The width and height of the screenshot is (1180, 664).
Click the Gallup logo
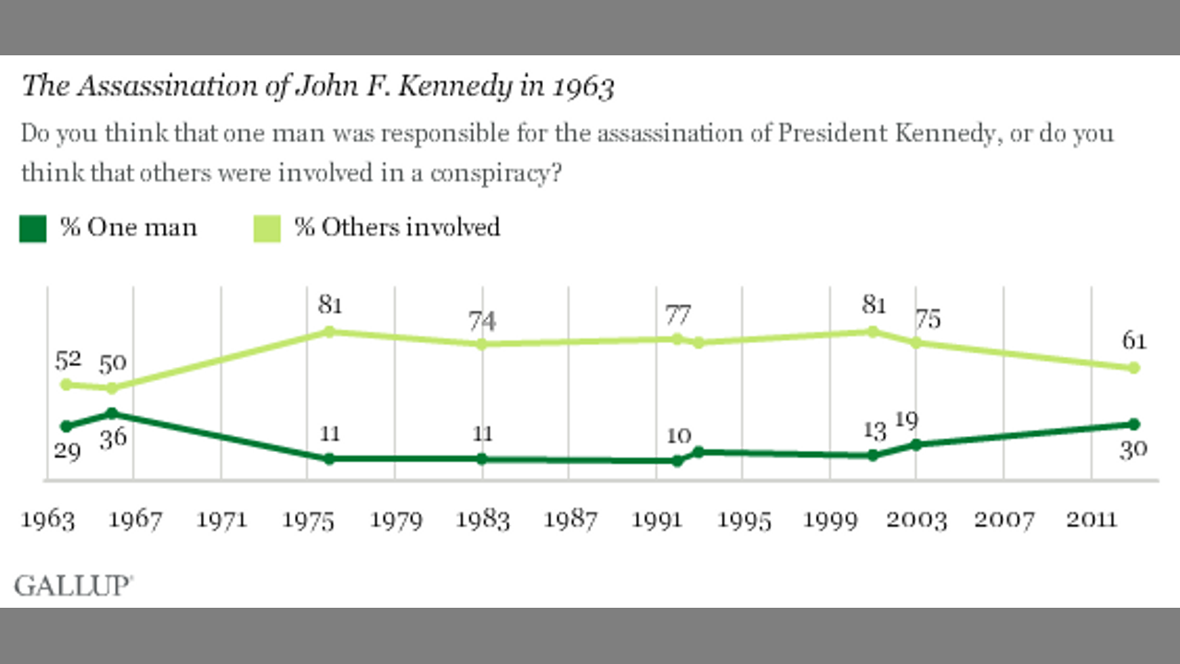(x=74, y=586)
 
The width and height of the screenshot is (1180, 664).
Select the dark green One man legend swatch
(x=32, y=228)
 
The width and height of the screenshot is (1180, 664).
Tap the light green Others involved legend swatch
(x=266, y=228)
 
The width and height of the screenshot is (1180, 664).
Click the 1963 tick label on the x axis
(x=49, y=520)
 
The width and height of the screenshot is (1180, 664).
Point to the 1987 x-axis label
(x=570, y=520)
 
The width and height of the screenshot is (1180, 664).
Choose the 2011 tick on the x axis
(x=1091, y=520)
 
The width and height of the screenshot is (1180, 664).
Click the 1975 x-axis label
(x=309, y=520)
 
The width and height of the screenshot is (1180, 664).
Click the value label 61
(x=1134, y=341)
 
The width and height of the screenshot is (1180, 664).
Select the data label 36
(x=113, y=437)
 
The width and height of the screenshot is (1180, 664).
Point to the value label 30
(x=1134, y=451)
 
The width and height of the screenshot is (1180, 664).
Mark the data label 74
(x=482, y=321)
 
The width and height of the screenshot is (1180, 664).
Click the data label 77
(x=678, y=315)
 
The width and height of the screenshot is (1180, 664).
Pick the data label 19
(x=906, y=421)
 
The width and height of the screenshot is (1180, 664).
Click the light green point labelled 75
(x=915, y=343)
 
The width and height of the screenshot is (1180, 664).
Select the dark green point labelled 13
(x=873, y=455)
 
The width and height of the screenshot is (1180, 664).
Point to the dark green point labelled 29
(x=65, y=426)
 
